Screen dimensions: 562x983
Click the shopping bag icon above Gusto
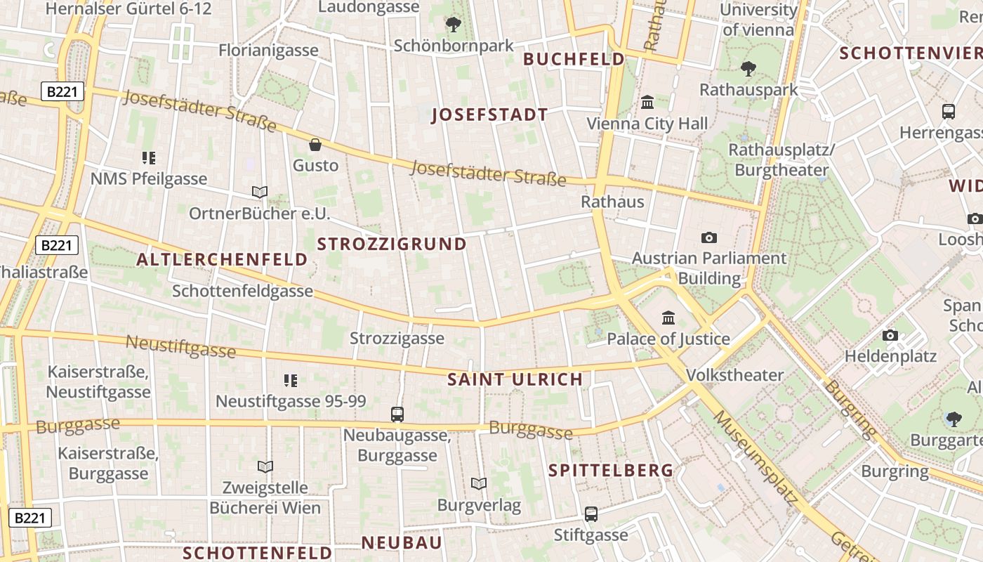[315, 145]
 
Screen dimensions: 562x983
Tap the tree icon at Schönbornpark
[454, 25]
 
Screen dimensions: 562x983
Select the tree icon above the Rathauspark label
[748, 69]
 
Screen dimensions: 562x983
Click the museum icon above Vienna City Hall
[647, 103]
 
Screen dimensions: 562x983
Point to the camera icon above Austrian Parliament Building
[709, 237]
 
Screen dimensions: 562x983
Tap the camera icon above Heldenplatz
[890, 335]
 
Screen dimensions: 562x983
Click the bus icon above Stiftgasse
[591, 514]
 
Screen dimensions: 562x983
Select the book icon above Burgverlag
[479, 484]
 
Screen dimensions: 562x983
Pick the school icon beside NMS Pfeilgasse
[148, 158]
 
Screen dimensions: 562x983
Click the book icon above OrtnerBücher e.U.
[260, 192]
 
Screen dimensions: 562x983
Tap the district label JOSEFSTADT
[489, 115]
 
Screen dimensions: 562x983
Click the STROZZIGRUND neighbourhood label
[392, 244]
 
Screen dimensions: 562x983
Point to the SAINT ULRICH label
[515, 379]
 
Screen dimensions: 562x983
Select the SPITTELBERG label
[611, 471]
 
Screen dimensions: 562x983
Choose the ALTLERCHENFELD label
[222, 260]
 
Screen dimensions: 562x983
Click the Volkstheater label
[734, 375]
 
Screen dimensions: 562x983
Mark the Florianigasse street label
[268, 51]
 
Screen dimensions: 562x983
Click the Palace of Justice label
[668, 339]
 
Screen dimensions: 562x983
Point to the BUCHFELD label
[574, 59]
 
